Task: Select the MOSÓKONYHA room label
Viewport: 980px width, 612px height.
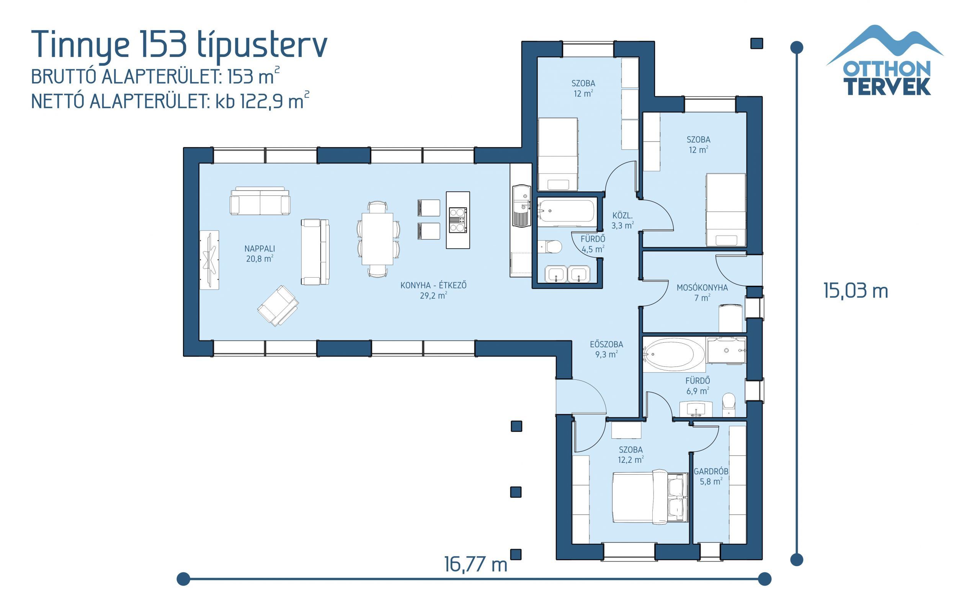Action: (702, 293)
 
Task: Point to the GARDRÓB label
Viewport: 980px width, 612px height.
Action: (711, 476)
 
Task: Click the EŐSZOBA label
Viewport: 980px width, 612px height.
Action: (606, 349)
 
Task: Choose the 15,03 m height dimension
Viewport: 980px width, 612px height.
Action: (855, 291)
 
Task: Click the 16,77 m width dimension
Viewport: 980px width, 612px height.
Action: (475, 564)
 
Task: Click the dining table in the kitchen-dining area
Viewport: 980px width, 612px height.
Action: (377, 239)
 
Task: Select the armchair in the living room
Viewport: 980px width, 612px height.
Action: (278, 306)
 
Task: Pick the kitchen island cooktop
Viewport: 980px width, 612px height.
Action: (457, 220)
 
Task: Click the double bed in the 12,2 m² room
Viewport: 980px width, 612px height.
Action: (650, 497)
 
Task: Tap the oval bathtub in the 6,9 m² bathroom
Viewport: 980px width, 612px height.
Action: (674, 354)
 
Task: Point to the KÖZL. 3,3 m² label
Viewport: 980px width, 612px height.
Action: (622, 221)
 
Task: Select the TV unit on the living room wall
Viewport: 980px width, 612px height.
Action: (209, 260)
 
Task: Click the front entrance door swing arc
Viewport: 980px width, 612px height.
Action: (587, 395)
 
